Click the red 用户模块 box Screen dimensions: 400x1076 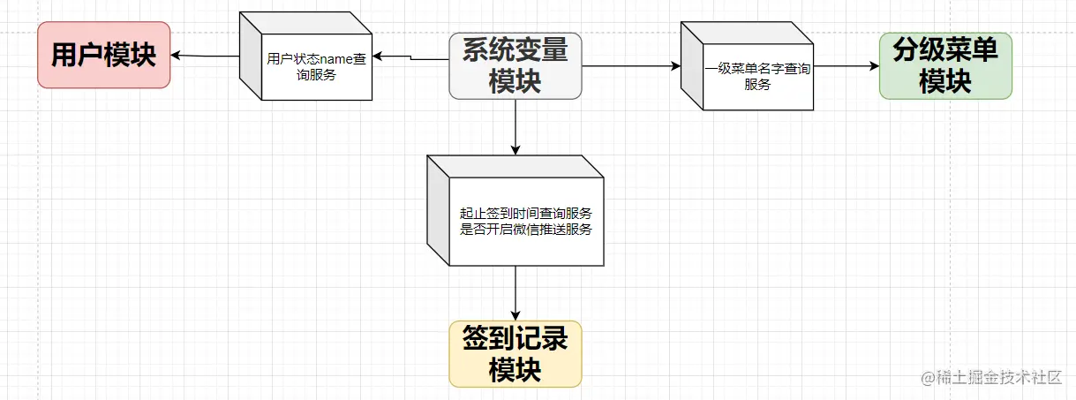point(103,55)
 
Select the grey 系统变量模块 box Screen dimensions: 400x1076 point(515,66)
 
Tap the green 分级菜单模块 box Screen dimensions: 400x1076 point(945,66)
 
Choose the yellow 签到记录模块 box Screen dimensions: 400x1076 point(515,354)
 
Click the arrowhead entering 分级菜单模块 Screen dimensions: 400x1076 point(873,66)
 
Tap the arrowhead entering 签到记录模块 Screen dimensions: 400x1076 point(515,314)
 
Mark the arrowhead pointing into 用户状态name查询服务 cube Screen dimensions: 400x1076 point(375,57)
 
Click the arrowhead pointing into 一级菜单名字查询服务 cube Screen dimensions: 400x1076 point(675,66)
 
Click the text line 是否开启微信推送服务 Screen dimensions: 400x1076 point(525,230)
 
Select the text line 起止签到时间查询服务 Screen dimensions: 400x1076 point(525,214)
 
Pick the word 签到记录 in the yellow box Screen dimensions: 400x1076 point(515,338)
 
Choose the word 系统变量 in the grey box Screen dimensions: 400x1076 point(515,50)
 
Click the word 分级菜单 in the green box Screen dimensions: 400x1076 point(945,50)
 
